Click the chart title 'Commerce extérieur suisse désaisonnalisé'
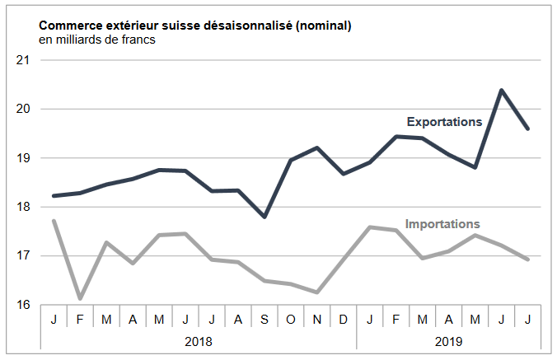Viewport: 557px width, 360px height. (195, 26)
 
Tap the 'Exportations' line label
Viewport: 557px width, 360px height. (444, 122)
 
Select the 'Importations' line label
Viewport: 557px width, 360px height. (442, 224)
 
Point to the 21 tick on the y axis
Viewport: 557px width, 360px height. (23, 60)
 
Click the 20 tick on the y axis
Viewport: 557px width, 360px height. (23, 109)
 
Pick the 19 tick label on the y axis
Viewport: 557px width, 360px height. (23, 158)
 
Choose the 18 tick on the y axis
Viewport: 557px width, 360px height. (23, 207)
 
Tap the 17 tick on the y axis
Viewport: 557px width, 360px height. (23, 256)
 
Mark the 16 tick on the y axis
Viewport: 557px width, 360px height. (23, 305)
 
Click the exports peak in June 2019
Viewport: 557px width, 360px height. (502, 90)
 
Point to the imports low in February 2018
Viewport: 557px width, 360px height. (80, 298)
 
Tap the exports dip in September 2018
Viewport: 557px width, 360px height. (264, 217)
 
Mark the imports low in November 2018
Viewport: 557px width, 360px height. (317, 292)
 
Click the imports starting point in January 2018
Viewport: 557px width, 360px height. (54, 221)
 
